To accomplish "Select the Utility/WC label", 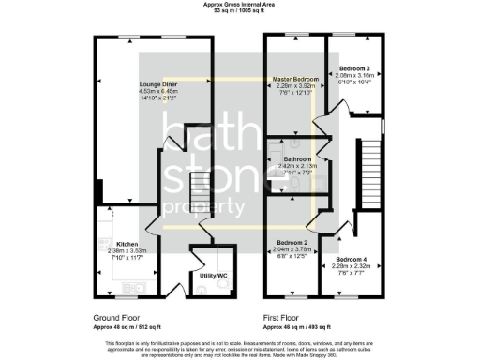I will (x=214, y=276).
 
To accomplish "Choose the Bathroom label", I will (x=298, y=159).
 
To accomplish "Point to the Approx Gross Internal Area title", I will (x=239, y=4).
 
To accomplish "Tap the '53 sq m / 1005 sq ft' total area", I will (x=239, y=11).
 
